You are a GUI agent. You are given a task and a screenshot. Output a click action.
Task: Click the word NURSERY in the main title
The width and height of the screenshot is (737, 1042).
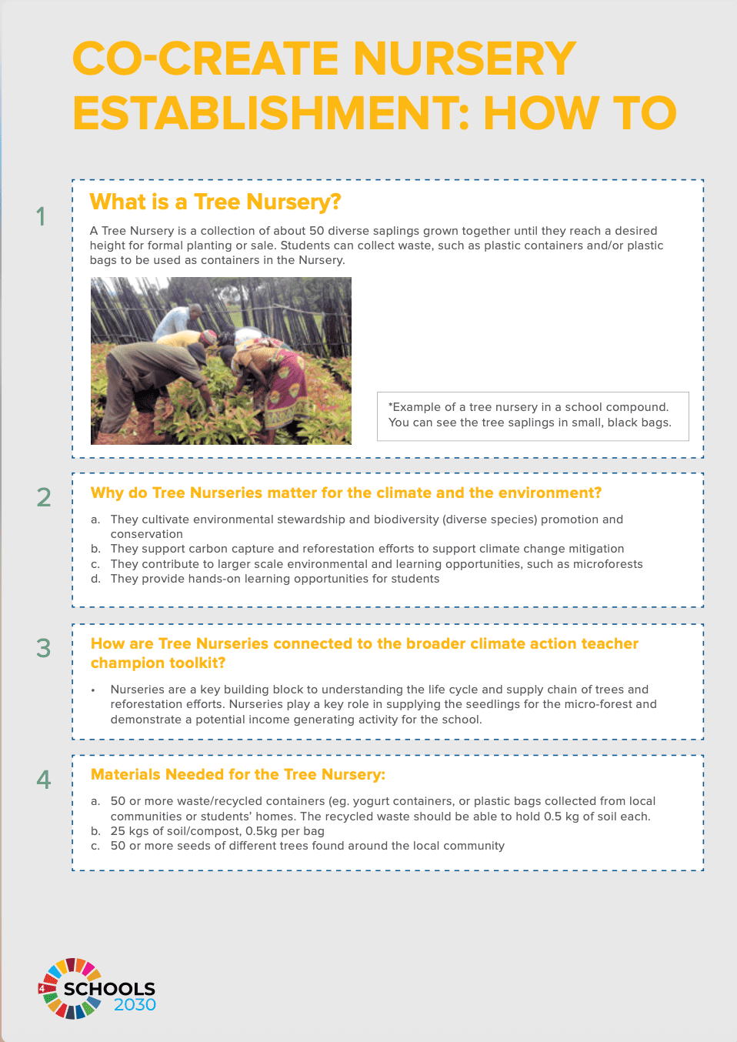point(465,58)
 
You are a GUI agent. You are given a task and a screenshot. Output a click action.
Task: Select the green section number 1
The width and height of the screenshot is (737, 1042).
point(41,216)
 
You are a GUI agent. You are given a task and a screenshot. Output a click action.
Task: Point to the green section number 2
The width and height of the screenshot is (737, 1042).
point(44,497)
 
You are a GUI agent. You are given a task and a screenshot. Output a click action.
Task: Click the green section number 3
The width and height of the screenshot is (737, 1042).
point(44,648)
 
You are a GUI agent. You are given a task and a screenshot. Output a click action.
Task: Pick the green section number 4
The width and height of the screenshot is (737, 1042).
point(44,779)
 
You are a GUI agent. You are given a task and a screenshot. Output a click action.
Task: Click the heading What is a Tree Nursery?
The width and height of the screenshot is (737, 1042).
point(215,202)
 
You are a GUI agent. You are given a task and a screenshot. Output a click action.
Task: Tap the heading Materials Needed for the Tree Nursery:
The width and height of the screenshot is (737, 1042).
point(238,774)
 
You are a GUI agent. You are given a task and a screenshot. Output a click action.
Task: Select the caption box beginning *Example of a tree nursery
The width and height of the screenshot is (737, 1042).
point(533,416)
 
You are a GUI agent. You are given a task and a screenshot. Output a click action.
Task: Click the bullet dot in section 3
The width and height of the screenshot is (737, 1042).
point(93,690)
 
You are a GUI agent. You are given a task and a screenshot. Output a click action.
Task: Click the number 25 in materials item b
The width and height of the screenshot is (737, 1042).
point(118,831)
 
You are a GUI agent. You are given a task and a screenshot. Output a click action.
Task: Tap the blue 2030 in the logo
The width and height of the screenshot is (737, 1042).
point(135,1004)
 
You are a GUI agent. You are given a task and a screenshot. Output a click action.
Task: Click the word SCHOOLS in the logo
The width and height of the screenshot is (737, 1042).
point(109,989)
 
